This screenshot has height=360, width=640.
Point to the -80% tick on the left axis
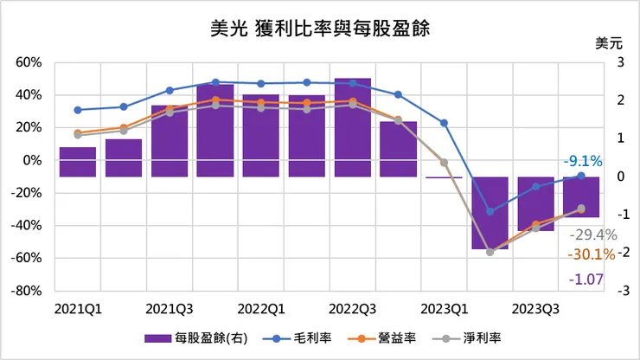pyautogui.click(x=29, y=291)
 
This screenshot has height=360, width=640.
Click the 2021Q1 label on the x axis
pyautogui.click(x=76, y=308)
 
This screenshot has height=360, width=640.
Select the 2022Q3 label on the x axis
pyautogui.click(x=352, y=308)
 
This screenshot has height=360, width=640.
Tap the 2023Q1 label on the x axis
pyautogui.click(x=445, y=308)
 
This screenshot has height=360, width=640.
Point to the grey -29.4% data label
pyautogui.click(x=592, y=235)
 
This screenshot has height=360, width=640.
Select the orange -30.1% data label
pyautogui.click(x=592, y=254)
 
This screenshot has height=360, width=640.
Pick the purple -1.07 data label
pyautogui.click(x=586, y=279)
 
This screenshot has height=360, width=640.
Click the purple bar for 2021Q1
pyautogui.click(x=78, y=162)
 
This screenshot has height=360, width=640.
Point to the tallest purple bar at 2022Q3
pyautogui.click(x=353, y=127)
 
